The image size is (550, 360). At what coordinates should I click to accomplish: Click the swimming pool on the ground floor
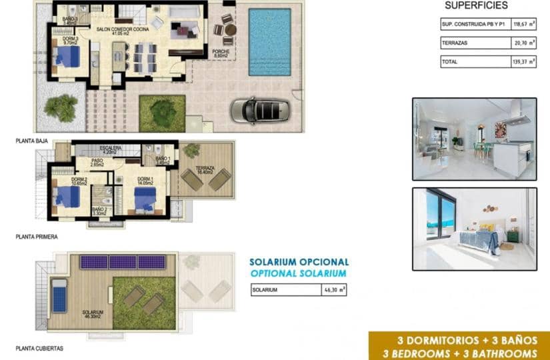(x=269, y=42)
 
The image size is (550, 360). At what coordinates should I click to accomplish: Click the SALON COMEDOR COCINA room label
(x=123, y=30)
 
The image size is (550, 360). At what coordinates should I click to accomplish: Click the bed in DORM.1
(x=145, y=197)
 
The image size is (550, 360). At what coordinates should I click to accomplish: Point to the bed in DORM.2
(x=67, y=197)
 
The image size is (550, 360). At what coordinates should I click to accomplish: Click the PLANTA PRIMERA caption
(x=37, y=236)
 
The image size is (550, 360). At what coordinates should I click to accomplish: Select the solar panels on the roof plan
(x=123, y=262)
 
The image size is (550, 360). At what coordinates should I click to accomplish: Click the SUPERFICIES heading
(x=476, y=5)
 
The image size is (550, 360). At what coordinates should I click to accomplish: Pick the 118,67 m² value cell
(x=517, y=25)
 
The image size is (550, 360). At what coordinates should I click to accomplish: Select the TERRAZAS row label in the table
(x=457, y=43)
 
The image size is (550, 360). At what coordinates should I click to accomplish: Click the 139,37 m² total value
(x=517, y=62)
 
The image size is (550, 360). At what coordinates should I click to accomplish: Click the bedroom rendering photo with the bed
(x=474, y=229)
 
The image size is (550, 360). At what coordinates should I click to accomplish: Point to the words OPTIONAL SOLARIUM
(x=298, y=274)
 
